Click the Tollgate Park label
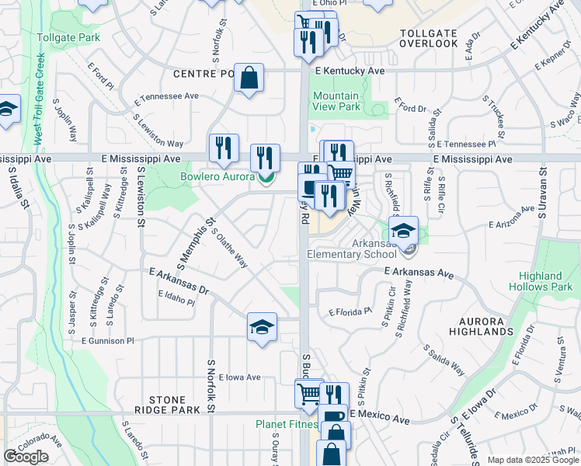click(68, 37)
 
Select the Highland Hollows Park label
click(535, 281)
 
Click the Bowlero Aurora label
click(217, 177)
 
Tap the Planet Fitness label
click(287, 424)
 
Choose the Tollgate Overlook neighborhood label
click(428, 38)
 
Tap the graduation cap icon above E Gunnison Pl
click(262, 327)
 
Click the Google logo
click(26, 457)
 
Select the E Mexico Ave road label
click(379, 419)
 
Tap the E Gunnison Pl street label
click(108, 341)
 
